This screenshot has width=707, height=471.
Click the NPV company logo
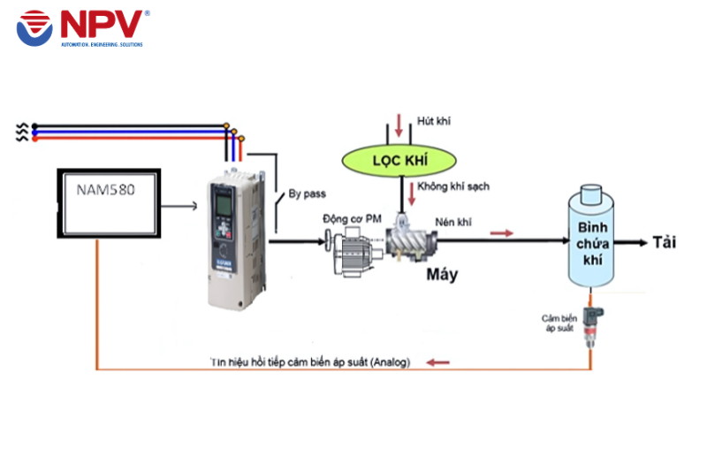tap(81, 28)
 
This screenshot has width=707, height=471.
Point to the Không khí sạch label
tap(453, 186)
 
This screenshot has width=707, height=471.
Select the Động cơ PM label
tap(350, 217)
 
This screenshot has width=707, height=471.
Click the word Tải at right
tap(665, 241)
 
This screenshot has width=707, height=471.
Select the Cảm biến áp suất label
tap(558, 323)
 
